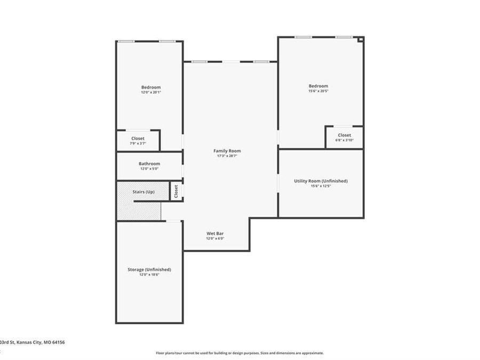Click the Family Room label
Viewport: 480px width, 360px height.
(x=227, y=151)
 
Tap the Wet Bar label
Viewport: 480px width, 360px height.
(x=215, y=234)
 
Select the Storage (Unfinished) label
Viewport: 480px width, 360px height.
(x=149, y=269)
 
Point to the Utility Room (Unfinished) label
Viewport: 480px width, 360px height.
(x=321, y=181)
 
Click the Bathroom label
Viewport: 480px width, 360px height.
(x=149, y=164)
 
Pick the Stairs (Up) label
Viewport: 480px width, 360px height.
(x=143, y=191)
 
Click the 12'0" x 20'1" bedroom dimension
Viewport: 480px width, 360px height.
(x=150, y=92)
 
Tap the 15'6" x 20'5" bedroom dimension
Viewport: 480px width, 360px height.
(x=318, y=91)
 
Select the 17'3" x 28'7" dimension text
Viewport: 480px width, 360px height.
(x=227, y=156)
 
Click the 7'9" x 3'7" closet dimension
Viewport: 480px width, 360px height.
(x=138, y=143)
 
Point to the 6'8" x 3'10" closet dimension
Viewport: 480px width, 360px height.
(x=344, y=140)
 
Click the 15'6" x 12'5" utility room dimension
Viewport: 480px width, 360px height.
(x=321, y=186)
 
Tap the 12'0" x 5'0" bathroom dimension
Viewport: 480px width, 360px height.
(x=149, y=169)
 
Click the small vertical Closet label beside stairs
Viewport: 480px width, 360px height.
(x=176, y=191)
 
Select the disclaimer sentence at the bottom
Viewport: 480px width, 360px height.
(x=239, y=353)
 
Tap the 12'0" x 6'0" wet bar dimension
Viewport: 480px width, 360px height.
(x=215, y=238)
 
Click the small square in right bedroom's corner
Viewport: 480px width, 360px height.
(x=361, y=39)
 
